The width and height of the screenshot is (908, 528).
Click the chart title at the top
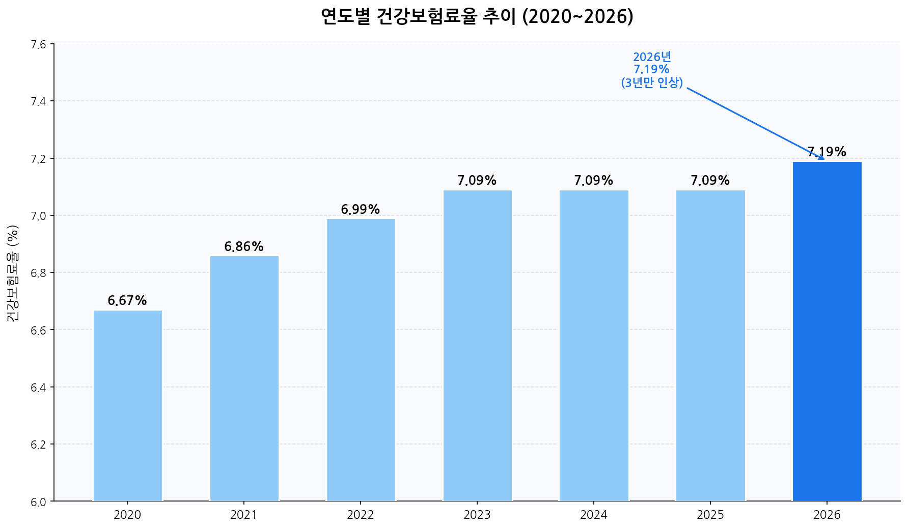coord(477,17)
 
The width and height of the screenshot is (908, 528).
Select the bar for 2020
coord(127,405)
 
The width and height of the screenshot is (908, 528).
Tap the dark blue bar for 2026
coord(827,331)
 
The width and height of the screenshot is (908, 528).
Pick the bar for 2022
coord(361,359)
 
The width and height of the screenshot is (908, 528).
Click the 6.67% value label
coord(127,301)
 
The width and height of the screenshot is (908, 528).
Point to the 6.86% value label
coord(244,247)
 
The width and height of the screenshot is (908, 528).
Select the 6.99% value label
coord(361,209)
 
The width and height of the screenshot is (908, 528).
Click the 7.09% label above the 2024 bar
coord(594,181)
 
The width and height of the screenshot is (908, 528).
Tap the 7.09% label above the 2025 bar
coord(710,181)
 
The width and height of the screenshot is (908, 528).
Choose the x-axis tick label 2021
coord(244,515)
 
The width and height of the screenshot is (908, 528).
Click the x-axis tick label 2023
coord(477,515)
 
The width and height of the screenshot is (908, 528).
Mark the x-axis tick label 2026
coord(827,515)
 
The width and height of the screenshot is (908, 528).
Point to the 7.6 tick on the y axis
coord(38,44)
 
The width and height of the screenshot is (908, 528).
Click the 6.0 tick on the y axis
coord(38,502)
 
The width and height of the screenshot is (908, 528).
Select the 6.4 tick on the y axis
coord(38,387)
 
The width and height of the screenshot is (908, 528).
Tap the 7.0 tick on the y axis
coord(38,216)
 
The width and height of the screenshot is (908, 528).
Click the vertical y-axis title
coord(13,273)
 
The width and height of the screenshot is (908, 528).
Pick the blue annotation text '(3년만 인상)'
coord(652,82)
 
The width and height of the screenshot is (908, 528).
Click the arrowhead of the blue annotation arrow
coord(822,158)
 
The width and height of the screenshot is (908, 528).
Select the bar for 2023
coord(477,345)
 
